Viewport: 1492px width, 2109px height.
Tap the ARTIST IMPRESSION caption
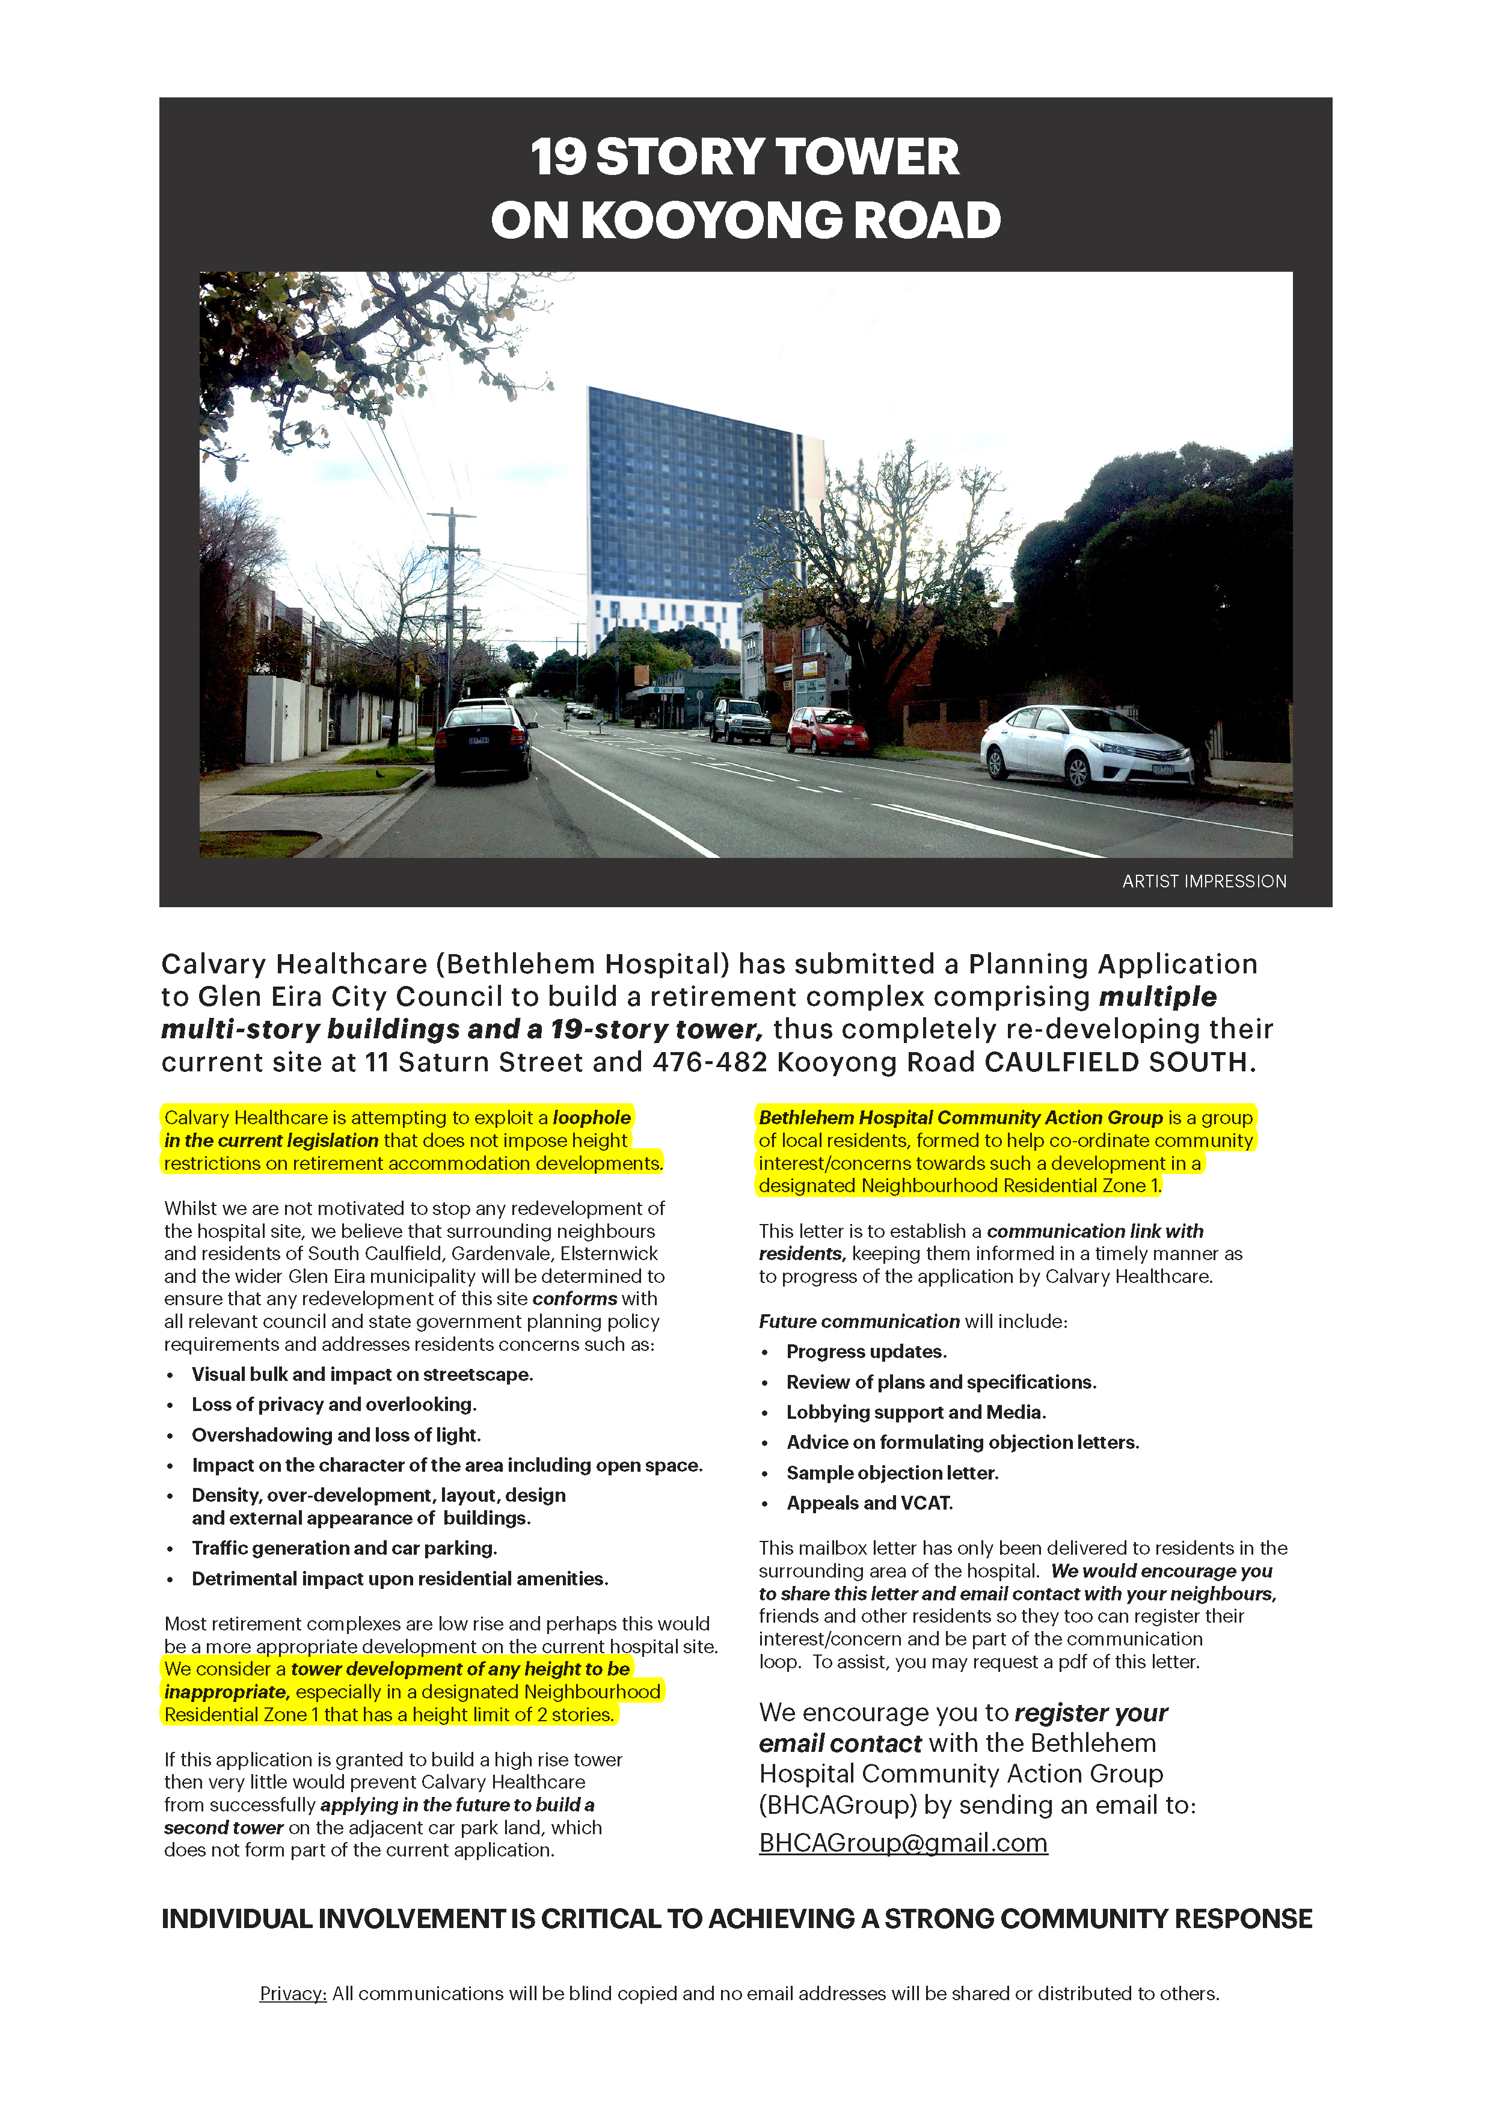pyautogui.click(x=1203, y=881)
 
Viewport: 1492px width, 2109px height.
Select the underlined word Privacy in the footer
pyautogui.click(x=293, y=1993)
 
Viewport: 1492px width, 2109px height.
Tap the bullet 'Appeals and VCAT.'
pyautogui.click(x=869, y=1503)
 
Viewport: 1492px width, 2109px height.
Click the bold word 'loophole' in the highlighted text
pyautogui.click(x=592, y=1117)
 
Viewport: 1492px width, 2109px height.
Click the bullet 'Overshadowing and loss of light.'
pyautogui.click(x=336, y=1435)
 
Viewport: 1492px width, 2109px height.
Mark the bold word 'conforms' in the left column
pyautogui.click(x=575, y=1298)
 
